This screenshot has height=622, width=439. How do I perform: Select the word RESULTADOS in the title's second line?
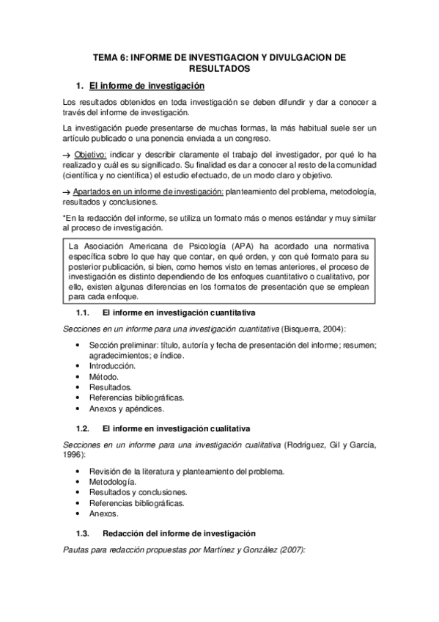[x=219, y=68]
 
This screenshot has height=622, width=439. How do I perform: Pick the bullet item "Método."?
[x=103, y=376]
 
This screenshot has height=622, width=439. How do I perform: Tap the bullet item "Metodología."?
[x=112, y=482]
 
